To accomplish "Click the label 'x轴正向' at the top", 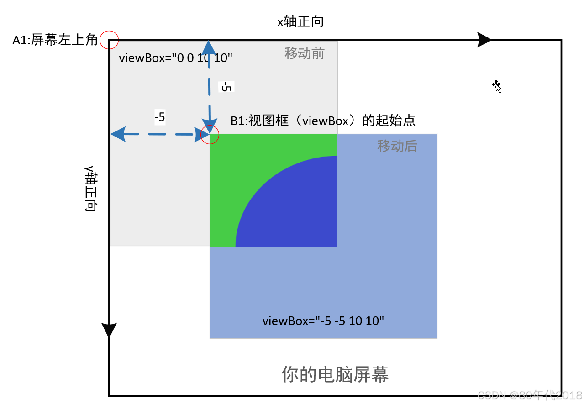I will (300, 21).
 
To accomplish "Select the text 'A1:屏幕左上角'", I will (55, 41).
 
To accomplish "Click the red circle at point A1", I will (109, 40).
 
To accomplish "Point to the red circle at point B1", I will (210, 135).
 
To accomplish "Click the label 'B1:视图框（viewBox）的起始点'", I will (323, 121).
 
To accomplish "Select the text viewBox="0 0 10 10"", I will (176, 58).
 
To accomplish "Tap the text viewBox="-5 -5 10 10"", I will (323, 321).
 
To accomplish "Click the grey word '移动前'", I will (304, 53).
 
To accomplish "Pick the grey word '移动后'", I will (397, 146).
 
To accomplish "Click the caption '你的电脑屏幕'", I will (335, 374).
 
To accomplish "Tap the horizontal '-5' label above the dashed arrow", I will (159, 118).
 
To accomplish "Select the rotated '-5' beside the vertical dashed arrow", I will (226, 86).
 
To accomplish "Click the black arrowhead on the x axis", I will (484, 40).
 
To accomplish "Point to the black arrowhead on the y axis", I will (109, 330).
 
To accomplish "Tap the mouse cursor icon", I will (496, 86).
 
